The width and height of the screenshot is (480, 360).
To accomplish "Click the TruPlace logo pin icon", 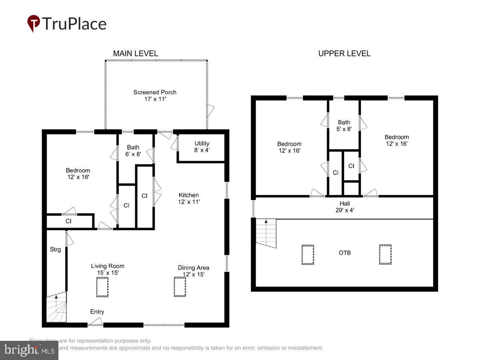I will [x=34, y=23].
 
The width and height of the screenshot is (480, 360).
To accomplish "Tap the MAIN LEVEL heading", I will [x=135, y=53].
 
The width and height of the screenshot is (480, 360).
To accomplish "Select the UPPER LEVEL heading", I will [x=344, y=53].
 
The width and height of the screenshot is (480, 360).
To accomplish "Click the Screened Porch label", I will [x=155, y=95].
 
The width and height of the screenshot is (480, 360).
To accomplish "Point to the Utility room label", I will [x=202, y=146].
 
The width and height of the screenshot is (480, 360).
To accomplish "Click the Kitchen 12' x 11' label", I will [x=189, y=198].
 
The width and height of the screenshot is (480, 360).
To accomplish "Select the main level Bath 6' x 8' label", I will [x=133, y=151].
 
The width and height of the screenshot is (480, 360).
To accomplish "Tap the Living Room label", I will [x=108, y=269].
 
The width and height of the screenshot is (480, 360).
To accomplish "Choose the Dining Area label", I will [x=193, y=271].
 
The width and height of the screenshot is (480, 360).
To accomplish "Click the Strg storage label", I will [x=55, y=250].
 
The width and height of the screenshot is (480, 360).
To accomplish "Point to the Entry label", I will [x=97, y=312].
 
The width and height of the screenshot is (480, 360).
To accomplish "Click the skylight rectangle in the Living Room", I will [x=102, y=287].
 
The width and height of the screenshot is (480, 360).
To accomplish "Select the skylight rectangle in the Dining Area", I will [x=180, y=287].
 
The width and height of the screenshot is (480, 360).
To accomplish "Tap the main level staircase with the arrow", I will [x=56, y=308].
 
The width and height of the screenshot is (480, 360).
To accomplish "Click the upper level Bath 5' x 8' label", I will [x=344, y=126].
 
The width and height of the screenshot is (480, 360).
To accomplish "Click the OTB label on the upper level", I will [x=344, y=253].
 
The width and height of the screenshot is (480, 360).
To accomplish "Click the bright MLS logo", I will [x=29, y=350].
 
